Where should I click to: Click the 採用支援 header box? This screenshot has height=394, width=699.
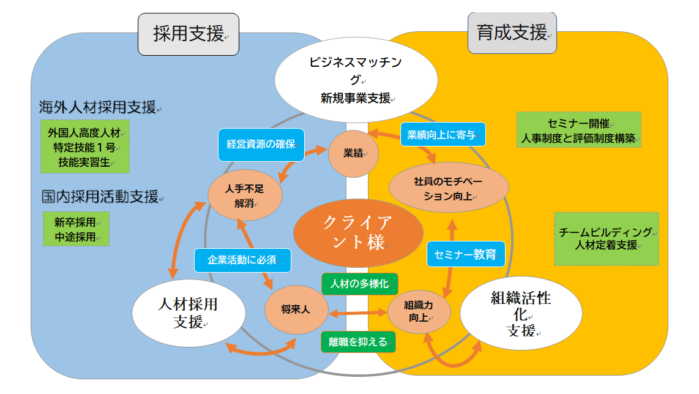pyautogui.click(x=188, y=34)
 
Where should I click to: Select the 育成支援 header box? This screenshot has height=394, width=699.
pyautogui.click(x=512, y=32)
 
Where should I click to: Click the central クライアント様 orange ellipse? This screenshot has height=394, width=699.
pyautogui.click(x=358, y=232)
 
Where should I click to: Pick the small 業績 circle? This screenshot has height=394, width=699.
pyautogui.click(x=353, y=153)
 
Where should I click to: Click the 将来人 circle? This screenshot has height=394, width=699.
pyautogui.click(x=296, y=310)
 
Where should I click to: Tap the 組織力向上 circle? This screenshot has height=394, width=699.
pyautogui.click(x=419, y=311)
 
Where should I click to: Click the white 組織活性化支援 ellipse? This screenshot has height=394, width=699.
pyautogui.click(x=520, y=313)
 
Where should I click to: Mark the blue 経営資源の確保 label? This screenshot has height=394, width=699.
pyautogui.click(x=261, y=145)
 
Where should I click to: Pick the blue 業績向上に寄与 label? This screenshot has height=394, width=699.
pyautogui.click(x=443, y=135)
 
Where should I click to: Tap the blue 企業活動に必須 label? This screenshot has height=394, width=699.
pyautogui.click(x=242, y=260)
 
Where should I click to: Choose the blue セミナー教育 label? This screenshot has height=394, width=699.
pyautogui.click(x=465, y=254)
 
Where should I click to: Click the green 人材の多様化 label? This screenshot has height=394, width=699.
pyautogui.click(x=359, y=284)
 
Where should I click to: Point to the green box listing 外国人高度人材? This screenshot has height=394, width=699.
pyautogui.click(x=86, y=146)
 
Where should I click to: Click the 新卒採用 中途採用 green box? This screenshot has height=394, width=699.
pyautogui.click(x=76, y=229)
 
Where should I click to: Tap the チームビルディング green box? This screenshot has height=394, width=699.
pyautogui.click(x=606, y=239)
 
